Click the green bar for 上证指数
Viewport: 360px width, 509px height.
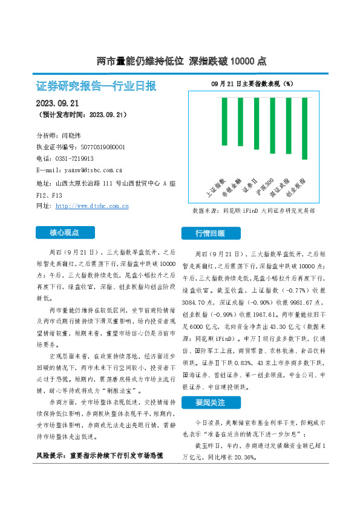coord(224,122)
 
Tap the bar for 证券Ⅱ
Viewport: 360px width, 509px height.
coord(256,120)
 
